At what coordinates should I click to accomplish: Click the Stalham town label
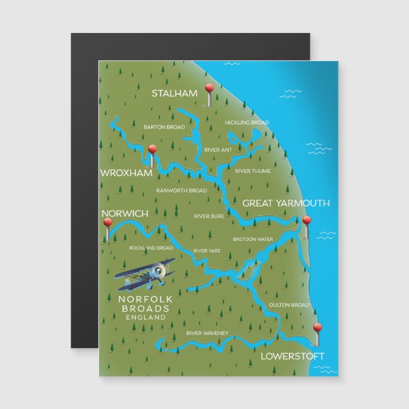(x=175, y=93)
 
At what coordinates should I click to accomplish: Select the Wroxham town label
(x=126, y=173)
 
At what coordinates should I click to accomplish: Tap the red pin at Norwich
(x=107, y=223)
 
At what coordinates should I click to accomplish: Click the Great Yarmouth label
(x=286, y=203)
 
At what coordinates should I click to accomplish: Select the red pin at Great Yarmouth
(x=307, y=221)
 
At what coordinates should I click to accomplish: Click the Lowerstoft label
(x=292, y=356)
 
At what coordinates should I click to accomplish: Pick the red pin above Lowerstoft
(x=318, y=328)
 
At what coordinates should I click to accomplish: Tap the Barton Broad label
(x=164, y=127)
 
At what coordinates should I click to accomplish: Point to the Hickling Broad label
(x=246, y=123)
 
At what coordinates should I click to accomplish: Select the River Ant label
(x=217, y=149)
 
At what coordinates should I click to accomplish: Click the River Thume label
(x=252, y=171)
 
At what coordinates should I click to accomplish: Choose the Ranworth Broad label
(x=181, y=191)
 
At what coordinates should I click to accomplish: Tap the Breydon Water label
(x=253, y=239)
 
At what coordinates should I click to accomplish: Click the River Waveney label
(x=207, y=333)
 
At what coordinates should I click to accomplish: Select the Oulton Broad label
(x=288, y=305)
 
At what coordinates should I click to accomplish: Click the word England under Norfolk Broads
(x=146, y=317)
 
